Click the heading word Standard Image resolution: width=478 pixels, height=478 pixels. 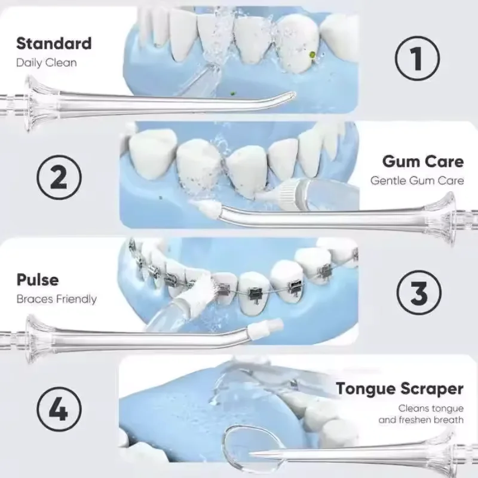(54, 43)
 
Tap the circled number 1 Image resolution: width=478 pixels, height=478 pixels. (417, 58)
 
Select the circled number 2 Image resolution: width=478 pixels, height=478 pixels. (59, 177)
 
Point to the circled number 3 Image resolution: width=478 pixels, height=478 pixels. (419, 292)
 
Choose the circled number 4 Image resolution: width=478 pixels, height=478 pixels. (59, 409)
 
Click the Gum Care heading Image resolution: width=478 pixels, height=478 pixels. (423, 161)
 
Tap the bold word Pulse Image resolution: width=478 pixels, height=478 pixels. (38, 280)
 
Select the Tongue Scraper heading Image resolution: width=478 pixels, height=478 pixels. (399, 389)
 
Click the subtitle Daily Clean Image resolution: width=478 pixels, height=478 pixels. (47, 63)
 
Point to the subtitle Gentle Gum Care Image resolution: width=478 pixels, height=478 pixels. (417, 180)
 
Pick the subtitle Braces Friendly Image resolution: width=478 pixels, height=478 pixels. (56, 299)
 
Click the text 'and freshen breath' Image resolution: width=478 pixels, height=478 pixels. (421, 420)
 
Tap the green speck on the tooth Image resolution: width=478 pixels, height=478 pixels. (312, 54)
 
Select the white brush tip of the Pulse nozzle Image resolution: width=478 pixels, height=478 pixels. (266, 327)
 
